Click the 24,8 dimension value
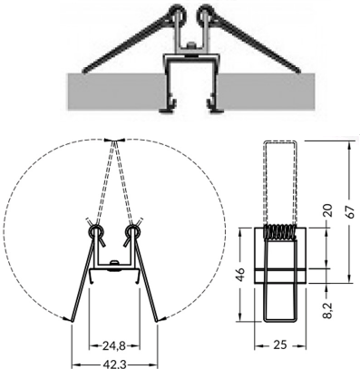pyautogui.click(x=113, y=345)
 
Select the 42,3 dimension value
pyautogui.click(x=115, y=364)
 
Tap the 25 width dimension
pyautogui.click(x=279, y=345)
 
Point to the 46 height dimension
pyautogui.click(x=240, y=275)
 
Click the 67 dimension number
pyautogui.click(x=350, y=212)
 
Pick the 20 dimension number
pyautogui.click(x=328, y=210)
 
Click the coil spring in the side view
pyautogui.click(x=280, y=232)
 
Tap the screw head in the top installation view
pyautogui.click(x=190, y=45)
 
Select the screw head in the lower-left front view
pyautogui.click(x=114, y=262)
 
